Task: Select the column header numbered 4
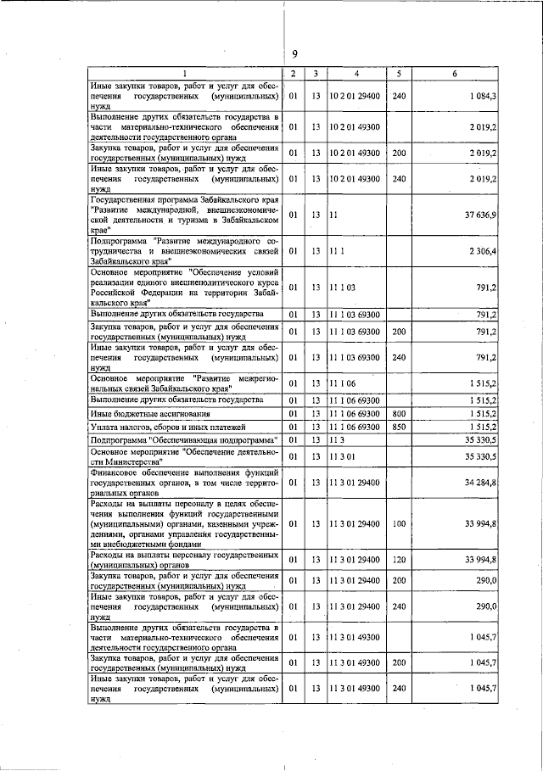(356, 74)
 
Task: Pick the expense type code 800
(399, 413)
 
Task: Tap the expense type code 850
(399, 427)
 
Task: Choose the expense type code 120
(399, 559)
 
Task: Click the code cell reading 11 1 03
(341, 287)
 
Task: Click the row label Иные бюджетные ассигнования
(139, 413)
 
